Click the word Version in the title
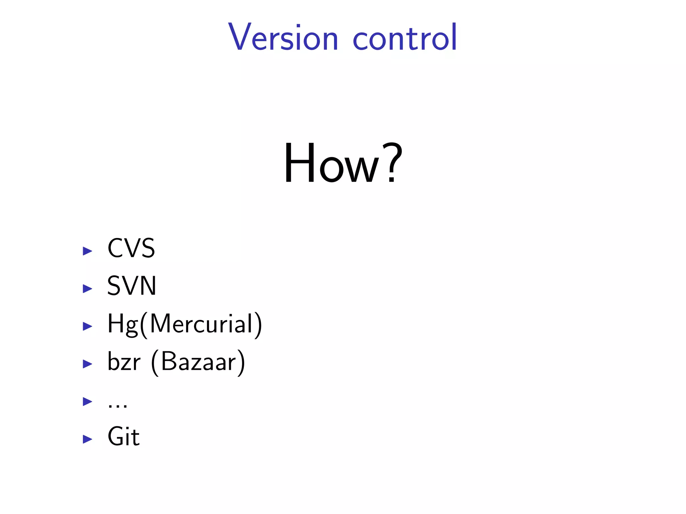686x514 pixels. coord(283,37)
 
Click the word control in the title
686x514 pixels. coord(405,37)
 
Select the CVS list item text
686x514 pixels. coord(131,248)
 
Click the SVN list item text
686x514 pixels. coord(132,286)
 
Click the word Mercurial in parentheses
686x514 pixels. coord(201,324)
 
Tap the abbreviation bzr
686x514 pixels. coord(124,362)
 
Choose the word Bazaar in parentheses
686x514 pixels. coord(198,362)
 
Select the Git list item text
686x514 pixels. coord(123,437)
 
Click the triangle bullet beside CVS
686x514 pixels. coord(87,251)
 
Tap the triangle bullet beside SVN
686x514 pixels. coord(87,288)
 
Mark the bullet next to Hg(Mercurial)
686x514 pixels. coord(87,326)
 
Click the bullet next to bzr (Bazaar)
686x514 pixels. coord(87,364)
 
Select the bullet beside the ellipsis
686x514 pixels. coord(87,401)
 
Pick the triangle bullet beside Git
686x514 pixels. coord(87,439)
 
